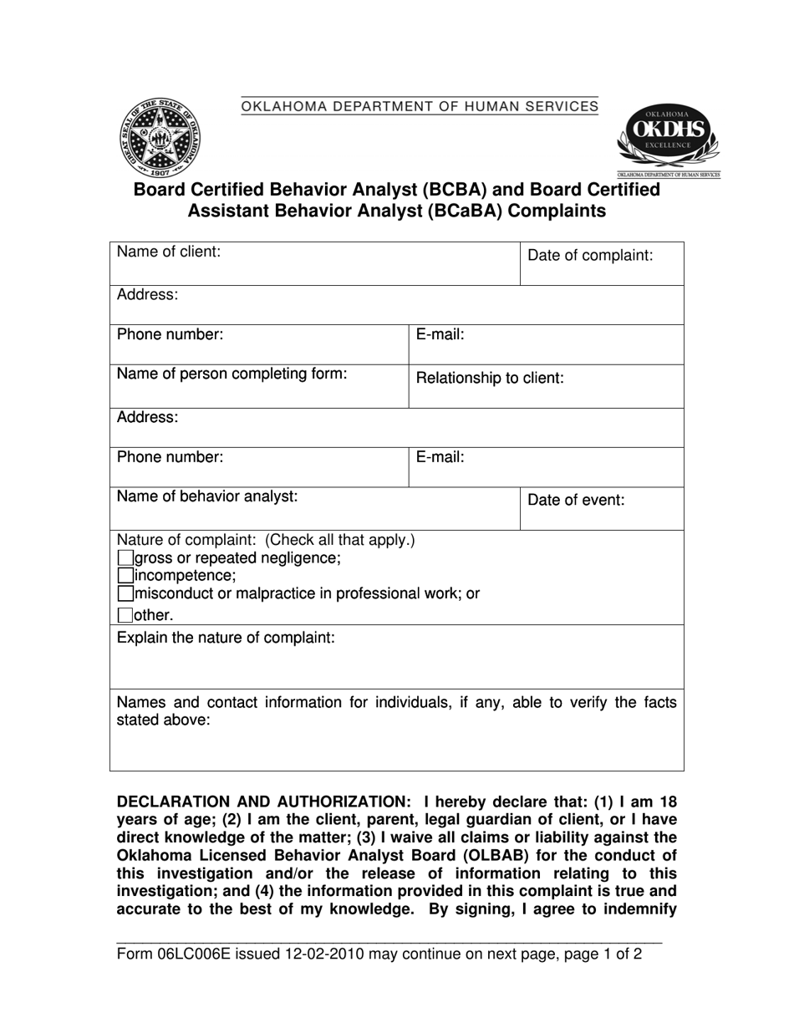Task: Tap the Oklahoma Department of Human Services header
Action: [x=420, y=106]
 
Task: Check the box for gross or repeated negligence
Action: [x=125, y=557]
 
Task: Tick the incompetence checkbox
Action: [x=125, y=575]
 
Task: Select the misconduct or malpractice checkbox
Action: [x=125, y=593]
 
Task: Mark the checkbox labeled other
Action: [x=125, y=616]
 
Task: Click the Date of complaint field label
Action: [x=590, y=256]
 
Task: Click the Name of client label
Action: [x=168, y=252]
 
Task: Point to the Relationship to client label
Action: [x=490, y=378]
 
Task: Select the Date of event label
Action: [x=576, y=501]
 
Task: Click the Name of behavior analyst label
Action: [x=207, y=496]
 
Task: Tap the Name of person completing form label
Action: [x=232, y=374]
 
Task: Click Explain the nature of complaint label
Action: [x=226, y=638]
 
